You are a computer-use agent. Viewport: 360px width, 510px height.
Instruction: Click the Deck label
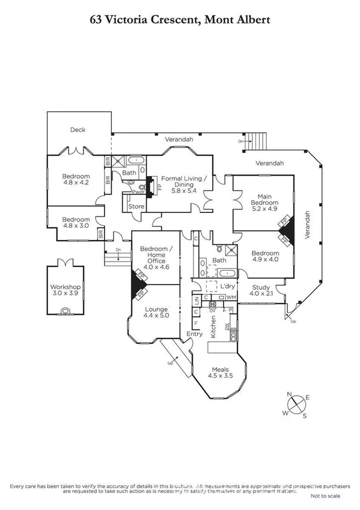click(78, 129)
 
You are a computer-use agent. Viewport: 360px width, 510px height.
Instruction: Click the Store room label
click(137, 206)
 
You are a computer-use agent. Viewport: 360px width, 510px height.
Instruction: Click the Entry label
click(195, 334)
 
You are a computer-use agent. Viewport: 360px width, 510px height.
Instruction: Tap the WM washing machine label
click(231, 298)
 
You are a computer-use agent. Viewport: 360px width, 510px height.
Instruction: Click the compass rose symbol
click(297, 405)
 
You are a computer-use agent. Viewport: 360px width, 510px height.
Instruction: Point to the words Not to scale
click(326, 496)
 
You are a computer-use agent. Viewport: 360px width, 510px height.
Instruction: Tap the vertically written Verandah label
click(307, 225)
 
